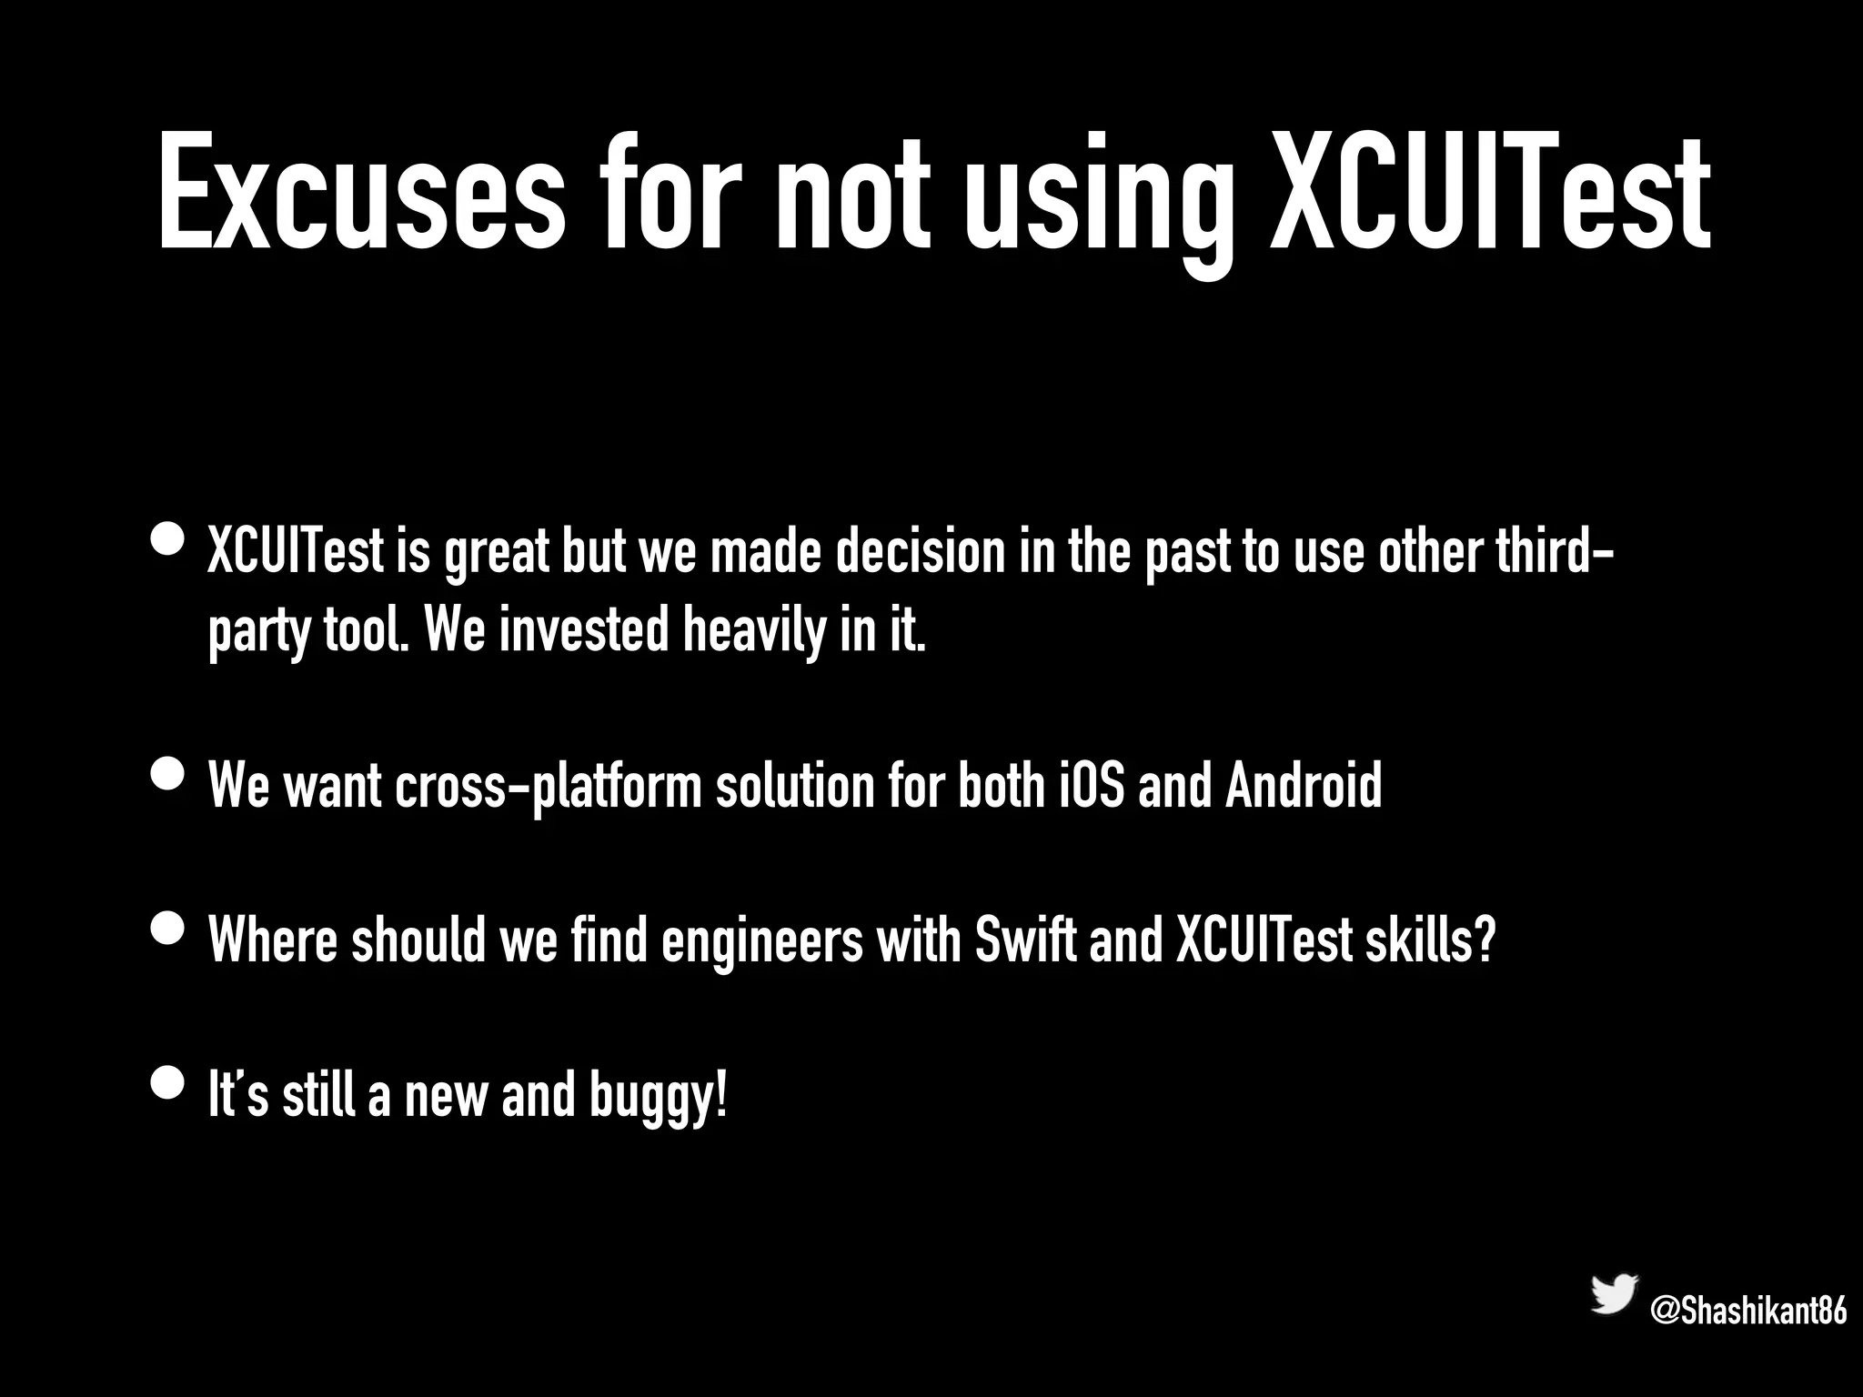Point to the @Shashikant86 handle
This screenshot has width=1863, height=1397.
tap(1748, 1312)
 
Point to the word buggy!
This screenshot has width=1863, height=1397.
tap(658, 1097)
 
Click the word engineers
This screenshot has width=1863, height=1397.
tap(761, 941)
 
